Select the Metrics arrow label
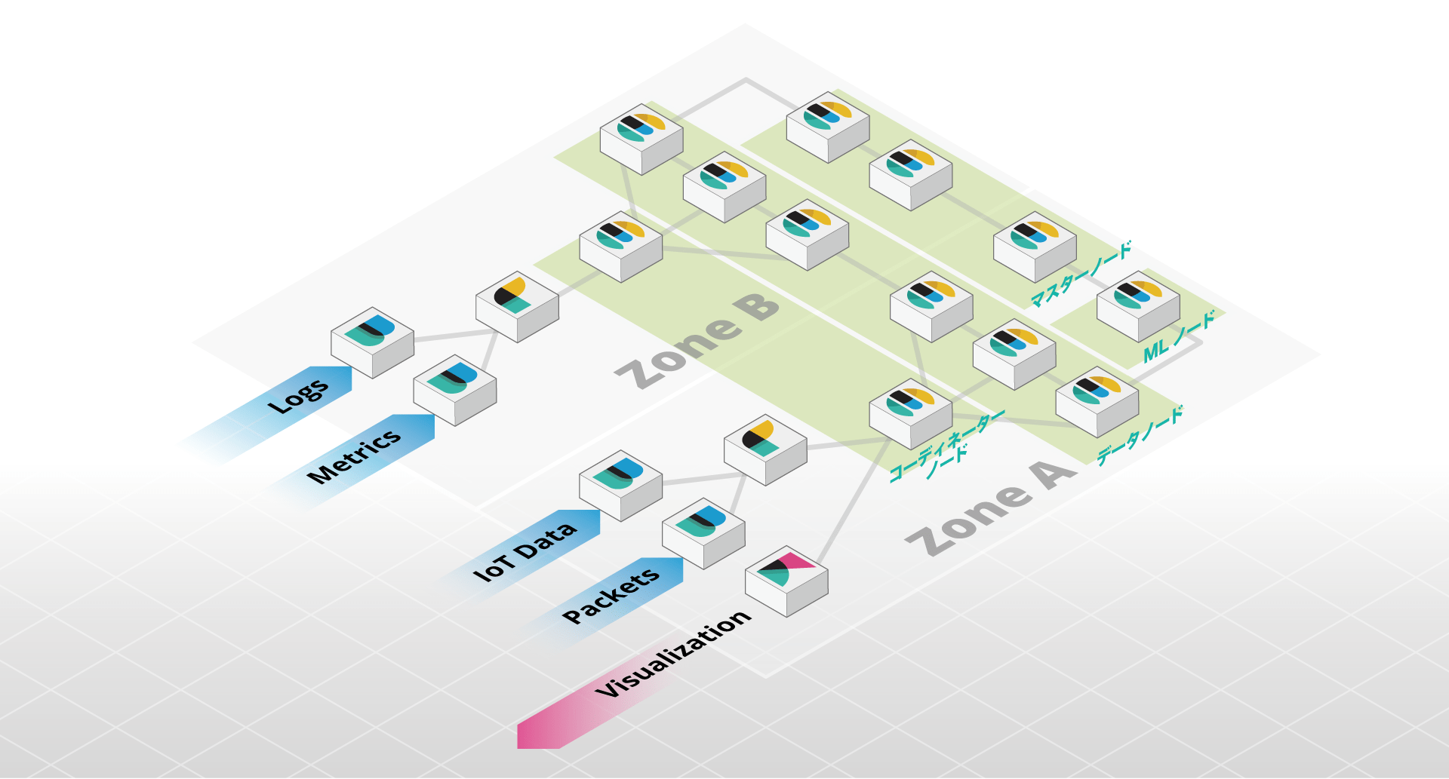pos(355,455)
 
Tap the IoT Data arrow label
pos(525,551)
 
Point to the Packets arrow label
pos(611,596)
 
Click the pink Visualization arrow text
pos(673,654)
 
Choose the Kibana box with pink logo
pos(786,581)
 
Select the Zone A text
pos(990,508)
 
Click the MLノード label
pos(1179,336)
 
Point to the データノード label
pos(1140,435)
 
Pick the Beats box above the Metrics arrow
pos(454,389)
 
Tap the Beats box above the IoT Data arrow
pos(620,485)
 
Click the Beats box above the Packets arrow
pos(703,532)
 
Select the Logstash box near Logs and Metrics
pos(517,306)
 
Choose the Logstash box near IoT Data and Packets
pos(765,449)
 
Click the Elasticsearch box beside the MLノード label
pos(1138,305)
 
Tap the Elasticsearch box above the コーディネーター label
pos(910,413)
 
